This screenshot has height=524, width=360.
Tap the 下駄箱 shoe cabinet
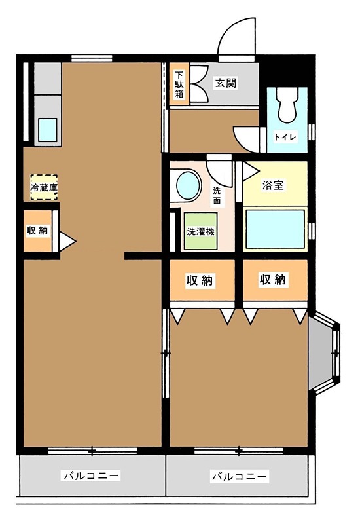click(x=179, y=84)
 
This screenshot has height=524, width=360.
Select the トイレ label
click(x=285, y=137)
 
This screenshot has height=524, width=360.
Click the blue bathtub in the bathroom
click(x=275, y=229)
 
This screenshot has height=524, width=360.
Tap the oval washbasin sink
click(x=188, y=185)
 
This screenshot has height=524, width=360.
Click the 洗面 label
click(x=218, y=196)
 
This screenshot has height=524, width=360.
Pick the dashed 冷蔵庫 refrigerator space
click(x=44, y=187)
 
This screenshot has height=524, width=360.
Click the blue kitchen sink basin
click(x=48, y=130)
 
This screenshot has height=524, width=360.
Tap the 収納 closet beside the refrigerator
click(x=37, y=231)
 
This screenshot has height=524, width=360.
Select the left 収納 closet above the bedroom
click(x=201, y=280)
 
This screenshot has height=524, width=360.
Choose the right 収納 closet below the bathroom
click(x=274, y=280)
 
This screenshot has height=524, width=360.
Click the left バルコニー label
click(x=91, y=476)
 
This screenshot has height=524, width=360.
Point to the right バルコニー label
click(x=239, y=476)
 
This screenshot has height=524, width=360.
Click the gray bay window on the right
click(x=325, y=354)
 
